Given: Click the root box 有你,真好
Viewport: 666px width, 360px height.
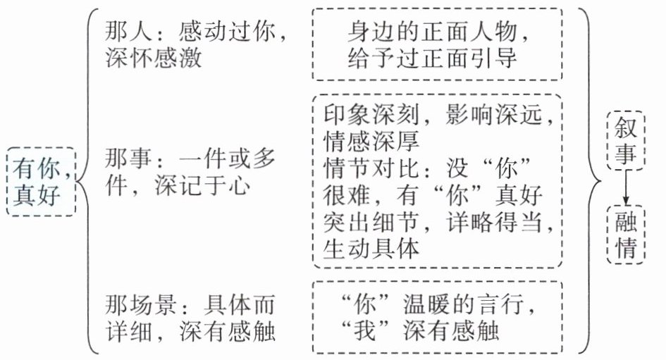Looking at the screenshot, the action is [x=40, y=181].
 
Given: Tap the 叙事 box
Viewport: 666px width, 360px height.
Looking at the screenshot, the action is [x=625, y=140].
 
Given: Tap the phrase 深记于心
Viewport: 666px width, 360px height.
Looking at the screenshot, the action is [x=204, y=185].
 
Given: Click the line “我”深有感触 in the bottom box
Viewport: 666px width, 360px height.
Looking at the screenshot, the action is [x=438, y=331].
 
